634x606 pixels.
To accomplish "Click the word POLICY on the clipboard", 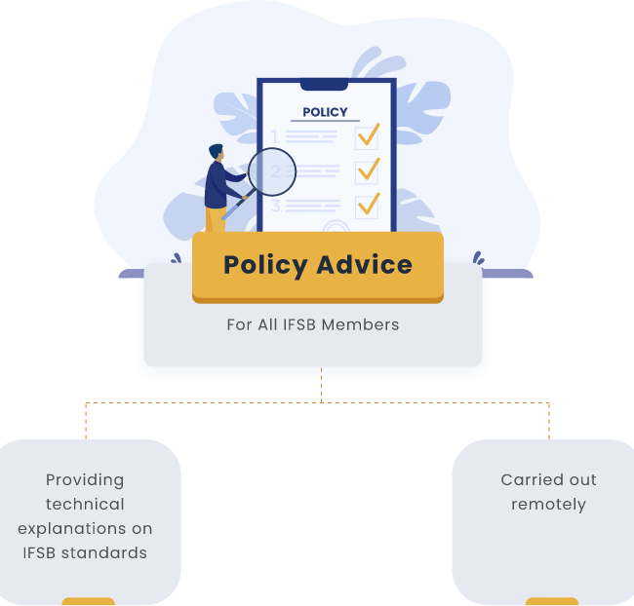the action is pos(325,112).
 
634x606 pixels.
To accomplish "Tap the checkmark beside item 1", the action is pos(369,134).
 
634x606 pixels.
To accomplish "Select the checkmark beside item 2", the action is pos(369,169).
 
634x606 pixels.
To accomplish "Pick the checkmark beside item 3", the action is pos(369,204).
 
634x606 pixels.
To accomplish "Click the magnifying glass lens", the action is pos(272,171).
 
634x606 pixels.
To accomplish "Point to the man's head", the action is pos(217,152).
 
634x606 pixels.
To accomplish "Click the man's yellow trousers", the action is pos(216,219).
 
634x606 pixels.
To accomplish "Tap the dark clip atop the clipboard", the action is pos(324,85).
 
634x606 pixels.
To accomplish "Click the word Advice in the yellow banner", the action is pos(365,265).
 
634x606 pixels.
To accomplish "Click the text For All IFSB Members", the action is pos(312,324).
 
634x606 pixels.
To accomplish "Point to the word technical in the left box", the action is pos(85,505).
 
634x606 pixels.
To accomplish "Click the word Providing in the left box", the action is pos(85,480).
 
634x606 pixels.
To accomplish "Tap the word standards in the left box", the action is pos(104,552).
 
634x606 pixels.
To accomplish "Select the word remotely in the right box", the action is pos(549,505).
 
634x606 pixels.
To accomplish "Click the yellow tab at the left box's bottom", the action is pos(88,601).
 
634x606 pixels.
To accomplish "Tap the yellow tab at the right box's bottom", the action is pos(552,601).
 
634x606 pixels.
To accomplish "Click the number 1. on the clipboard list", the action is pos(275,136).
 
